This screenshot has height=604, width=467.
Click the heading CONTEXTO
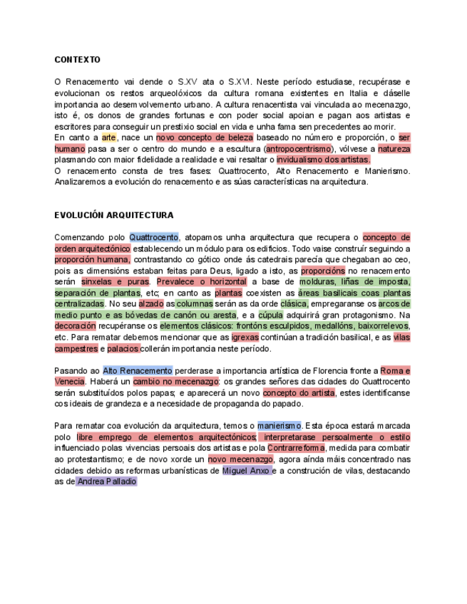[78, 60]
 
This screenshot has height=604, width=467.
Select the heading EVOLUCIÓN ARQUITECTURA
[114, 215]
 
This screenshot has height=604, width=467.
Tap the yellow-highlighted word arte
[108, 137]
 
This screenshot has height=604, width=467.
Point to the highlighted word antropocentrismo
[299, 149]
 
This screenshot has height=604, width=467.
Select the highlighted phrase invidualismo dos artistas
[323, 160]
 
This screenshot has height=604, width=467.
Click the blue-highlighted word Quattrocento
[153, 237]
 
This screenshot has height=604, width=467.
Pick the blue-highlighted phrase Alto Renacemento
[138, 370]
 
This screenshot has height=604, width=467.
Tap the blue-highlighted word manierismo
[280, 426]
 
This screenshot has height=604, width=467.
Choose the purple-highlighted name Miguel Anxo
[246, 471]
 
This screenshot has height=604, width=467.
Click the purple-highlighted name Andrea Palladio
[106, 481]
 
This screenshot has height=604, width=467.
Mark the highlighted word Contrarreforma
[296, 448]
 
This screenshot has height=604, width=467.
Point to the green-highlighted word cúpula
[270, 315]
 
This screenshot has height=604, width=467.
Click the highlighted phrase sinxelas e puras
[116, 281]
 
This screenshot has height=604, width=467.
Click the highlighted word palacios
[123, 348]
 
